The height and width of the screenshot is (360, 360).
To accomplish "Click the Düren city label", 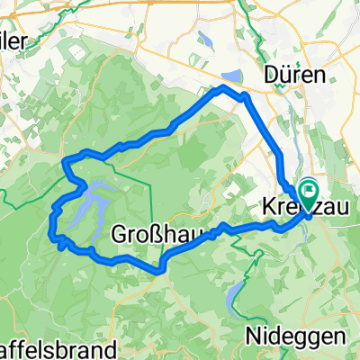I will [x=296, y=76].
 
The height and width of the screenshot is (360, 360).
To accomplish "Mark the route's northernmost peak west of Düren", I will [x=223, y=86].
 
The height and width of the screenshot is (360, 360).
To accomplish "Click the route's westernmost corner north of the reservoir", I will [x=65, y=161].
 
